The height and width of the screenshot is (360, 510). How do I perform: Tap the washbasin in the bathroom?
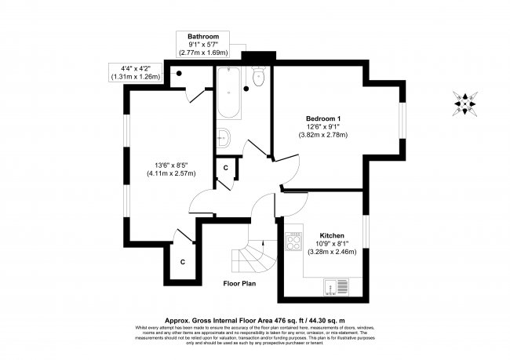point(223,137)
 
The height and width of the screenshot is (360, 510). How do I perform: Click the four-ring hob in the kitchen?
point(293,242)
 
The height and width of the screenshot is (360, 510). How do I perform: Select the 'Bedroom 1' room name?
point(322,118)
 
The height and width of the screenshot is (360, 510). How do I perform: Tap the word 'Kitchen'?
point(333,235)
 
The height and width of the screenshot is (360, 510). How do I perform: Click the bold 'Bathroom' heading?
point(202,37)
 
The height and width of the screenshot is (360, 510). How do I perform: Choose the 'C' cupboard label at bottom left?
point(182,261)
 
